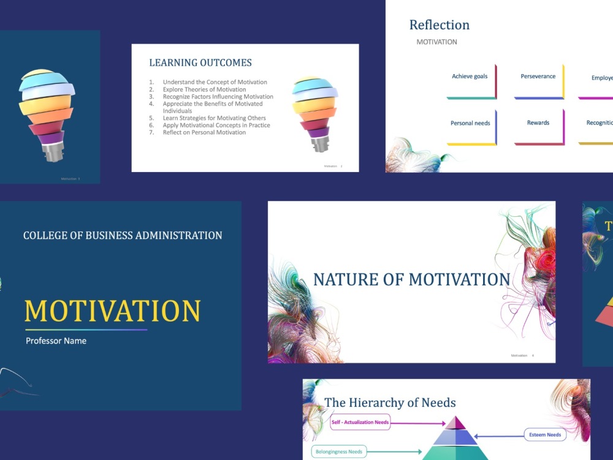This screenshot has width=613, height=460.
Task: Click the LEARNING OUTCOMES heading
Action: tap(200, 62)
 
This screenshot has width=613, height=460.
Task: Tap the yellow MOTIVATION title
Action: tap(113, 311)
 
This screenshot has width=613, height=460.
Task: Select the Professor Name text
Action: tap(56, 341)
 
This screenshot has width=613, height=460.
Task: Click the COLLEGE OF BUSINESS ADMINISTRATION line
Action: tap(123, 235)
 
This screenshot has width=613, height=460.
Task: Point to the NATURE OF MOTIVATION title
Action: tap(411, 279)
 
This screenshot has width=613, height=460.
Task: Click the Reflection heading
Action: tap(440, 25)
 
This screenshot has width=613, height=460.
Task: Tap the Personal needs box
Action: tap(471, 124)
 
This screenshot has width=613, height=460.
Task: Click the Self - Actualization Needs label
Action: tap(360, 423)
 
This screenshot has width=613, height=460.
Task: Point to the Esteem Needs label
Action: tap(545, 435)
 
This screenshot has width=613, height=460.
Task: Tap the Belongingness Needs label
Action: tap(339, 452)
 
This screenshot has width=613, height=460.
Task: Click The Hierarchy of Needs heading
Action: tap(390, 402)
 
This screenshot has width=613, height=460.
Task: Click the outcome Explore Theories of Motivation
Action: tap(204, 89)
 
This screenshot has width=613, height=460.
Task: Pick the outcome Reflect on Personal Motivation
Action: tap(204, 132)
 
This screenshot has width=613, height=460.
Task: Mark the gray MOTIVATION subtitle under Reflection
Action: tap(436, 42)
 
